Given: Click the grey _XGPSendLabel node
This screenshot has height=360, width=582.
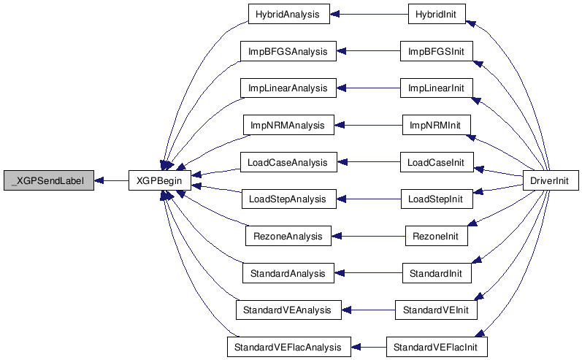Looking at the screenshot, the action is (49, 181).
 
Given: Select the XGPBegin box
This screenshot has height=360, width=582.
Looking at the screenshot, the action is (160, 181).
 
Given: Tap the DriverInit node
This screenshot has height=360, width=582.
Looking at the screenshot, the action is (551, 181).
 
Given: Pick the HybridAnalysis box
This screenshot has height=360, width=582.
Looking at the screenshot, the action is (288, 14).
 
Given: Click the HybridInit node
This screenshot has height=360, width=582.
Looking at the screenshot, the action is (437, 14).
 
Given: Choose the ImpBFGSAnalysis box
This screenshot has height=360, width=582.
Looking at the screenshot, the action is (288, 51).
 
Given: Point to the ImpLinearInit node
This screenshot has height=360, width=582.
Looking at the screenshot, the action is (436, 88).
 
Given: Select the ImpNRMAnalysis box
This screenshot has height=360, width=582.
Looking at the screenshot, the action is (288, 125).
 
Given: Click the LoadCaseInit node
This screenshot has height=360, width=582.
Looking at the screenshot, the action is (437, 162).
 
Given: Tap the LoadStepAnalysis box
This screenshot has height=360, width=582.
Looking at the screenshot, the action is (288, 199).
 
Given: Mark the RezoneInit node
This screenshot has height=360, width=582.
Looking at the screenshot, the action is (436, 236).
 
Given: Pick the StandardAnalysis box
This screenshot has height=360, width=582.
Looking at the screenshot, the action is (288, 273).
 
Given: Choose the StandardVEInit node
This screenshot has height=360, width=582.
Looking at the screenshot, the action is (436, 310).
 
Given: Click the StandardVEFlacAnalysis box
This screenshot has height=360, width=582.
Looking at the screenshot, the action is (288, 347).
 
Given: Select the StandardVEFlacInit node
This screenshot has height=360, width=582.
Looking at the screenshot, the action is (437, 347).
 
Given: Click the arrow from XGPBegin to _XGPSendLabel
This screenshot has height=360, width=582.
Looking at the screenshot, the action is (111, 181).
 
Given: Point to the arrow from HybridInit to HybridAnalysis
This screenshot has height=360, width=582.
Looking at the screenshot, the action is (369, 14).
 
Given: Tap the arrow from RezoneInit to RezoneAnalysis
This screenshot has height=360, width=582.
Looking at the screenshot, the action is (368, 236).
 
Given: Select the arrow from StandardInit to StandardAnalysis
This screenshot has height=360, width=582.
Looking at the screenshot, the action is (369, 273).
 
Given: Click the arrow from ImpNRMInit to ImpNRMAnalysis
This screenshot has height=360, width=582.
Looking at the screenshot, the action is (369, 125).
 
